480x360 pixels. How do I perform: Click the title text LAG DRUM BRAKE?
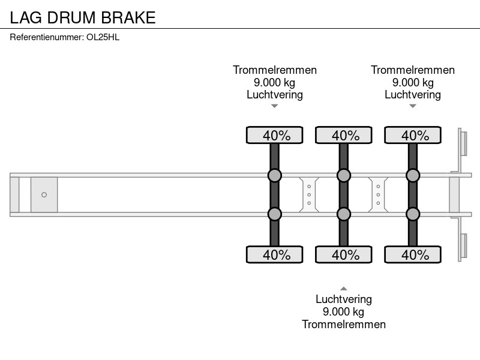83,17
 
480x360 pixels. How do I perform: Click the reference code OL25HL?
103,37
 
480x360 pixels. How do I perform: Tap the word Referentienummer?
47,37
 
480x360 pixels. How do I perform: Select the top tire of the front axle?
275,135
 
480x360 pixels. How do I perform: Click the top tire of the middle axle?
344,135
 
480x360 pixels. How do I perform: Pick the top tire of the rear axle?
413,135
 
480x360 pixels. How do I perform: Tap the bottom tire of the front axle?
275,254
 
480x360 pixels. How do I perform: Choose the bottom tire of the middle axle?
344,254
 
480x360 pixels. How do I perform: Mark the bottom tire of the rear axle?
413,254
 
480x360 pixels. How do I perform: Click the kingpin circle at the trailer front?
44,194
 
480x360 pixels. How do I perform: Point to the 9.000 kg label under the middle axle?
343,311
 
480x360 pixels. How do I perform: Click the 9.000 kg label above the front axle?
275,82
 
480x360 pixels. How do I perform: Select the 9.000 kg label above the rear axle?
413,82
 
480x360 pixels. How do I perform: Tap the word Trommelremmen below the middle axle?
344,324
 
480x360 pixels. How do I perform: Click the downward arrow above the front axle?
275,106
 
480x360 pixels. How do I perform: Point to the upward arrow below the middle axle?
344,289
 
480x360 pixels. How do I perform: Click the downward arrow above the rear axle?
413,106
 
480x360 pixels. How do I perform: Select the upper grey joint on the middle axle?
344,175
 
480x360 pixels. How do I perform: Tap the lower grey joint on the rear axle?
413,214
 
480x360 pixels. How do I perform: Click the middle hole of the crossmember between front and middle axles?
309,194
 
